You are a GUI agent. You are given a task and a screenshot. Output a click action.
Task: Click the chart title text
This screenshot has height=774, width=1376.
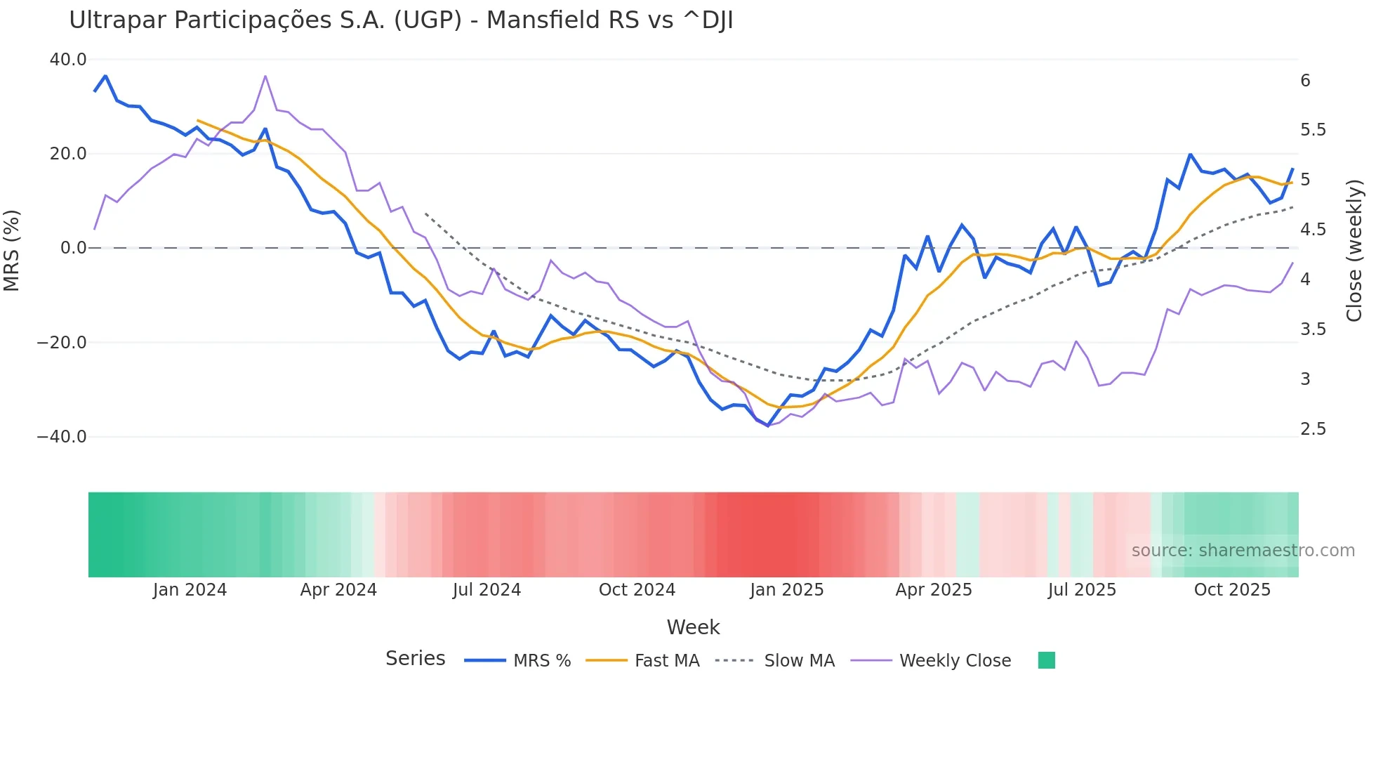[x=401, y=20]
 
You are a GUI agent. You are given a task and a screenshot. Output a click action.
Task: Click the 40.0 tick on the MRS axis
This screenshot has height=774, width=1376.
[x=68, y=60]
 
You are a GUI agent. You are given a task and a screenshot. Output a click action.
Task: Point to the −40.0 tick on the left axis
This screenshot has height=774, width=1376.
[x=62, y=437]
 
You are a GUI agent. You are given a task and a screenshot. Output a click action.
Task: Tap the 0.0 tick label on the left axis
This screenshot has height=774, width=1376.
[x=73, y=248]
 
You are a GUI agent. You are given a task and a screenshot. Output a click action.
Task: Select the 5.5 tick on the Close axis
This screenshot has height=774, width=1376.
[x=1313, y=130]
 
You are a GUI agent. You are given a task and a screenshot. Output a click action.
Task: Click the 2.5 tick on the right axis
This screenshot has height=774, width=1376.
[x=1313, y=429]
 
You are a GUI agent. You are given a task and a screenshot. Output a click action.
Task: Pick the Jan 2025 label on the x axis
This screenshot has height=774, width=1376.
[x=786, y=590]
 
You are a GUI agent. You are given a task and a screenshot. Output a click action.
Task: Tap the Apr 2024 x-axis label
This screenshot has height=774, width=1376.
[x=338, y=590]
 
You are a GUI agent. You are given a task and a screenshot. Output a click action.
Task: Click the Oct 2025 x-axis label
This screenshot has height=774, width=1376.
[x=1232, y=590]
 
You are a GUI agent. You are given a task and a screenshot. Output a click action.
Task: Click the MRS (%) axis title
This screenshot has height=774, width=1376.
[x=12, y=250]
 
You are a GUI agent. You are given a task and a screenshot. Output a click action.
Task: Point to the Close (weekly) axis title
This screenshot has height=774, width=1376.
[x=1354, y=250]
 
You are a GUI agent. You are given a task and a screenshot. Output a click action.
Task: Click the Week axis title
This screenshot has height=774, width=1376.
[x=693, y=627]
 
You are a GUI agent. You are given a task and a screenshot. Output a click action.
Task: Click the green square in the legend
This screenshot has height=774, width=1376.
[x=1046, y=660]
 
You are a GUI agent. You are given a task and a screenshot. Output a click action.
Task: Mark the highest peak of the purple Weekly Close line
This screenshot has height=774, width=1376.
[x=265, y=76]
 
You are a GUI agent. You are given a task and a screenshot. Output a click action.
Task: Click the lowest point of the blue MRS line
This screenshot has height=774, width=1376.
[x=767, y=426]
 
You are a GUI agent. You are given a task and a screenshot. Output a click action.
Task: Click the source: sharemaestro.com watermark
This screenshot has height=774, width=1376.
[x=1243, y=551]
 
